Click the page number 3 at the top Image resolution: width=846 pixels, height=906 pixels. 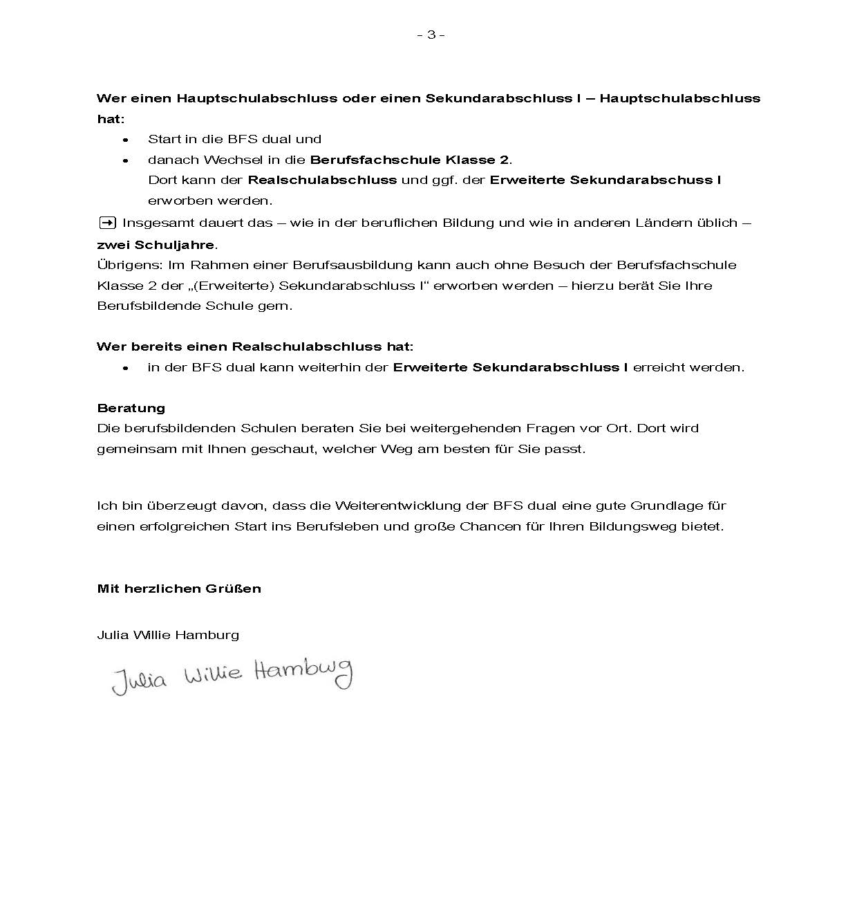(431, 35)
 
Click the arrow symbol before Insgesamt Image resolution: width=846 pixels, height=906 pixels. (107, 223)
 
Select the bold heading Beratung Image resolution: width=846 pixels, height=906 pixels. (131, 408)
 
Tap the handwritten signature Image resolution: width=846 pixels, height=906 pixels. (232, 674)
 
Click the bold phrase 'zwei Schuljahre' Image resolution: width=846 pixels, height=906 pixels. (157, 245)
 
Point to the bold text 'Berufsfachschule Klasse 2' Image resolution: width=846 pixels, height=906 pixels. (409, 160)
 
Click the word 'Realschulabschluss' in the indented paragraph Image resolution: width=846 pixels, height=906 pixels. (322, 180)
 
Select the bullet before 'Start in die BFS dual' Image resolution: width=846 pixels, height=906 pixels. (126, 140)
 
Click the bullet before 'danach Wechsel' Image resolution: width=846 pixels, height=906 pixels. (126, 160)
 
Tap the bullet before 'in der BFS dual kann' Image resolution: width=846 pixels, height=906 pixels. (126, 368)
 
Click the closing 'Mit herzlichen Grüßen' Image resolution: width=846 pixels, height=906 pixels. (179, 589)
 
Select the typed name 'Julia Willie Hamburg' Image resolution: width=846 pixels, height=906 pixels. (168, 635)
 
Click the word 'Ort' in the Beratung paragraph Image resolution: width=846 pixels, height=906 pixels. (617, 428)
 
